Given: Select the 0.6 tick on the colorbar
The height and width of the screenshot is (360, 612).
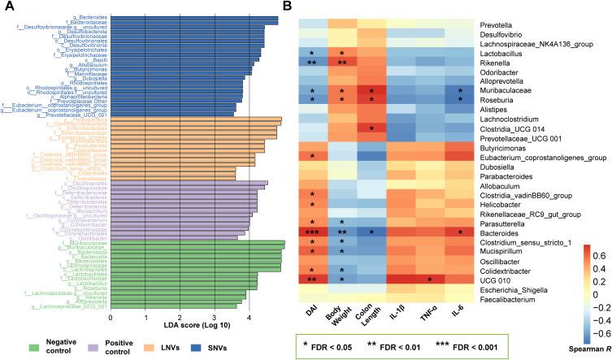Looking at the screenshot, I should pyautogui.click(x=592, y=254).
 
